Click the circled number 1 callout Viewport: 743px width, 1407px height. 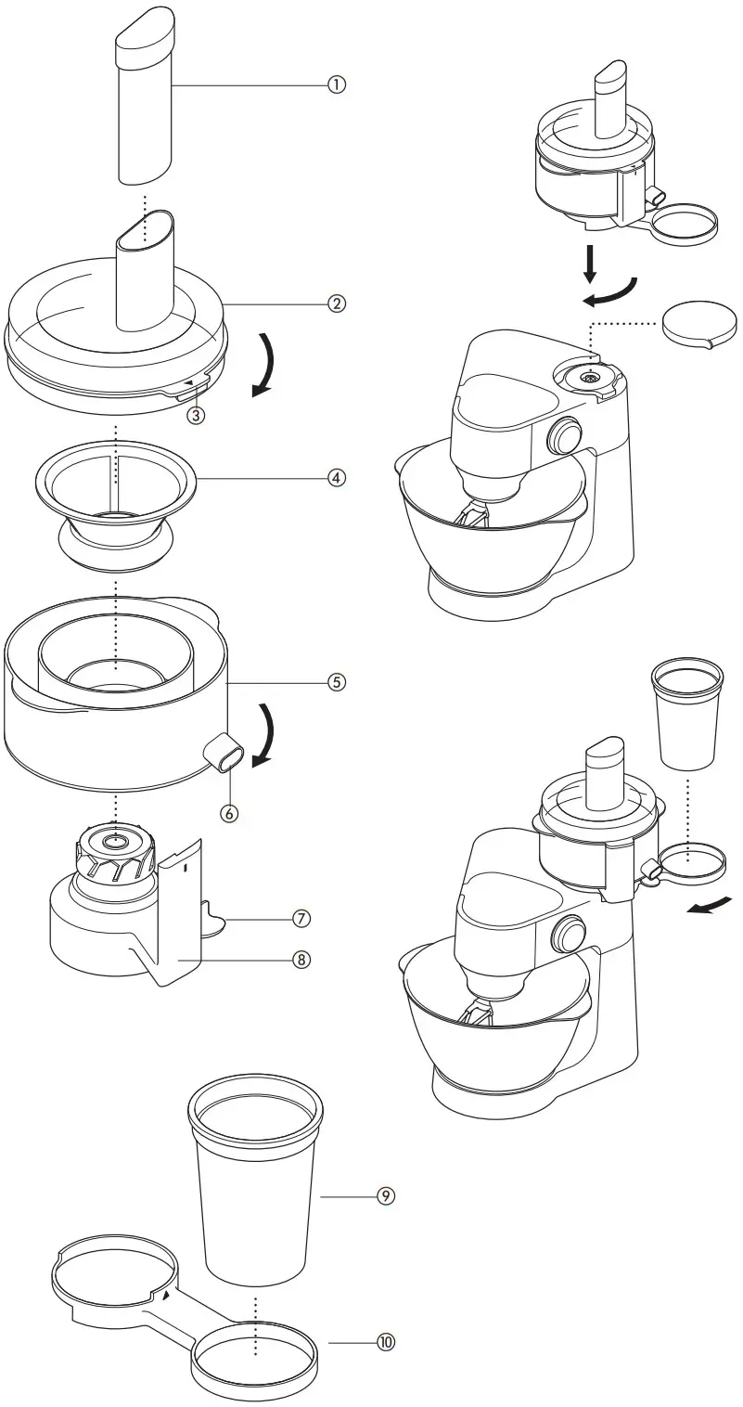coord(336,84)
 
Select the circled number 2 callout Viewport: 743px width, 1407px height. coord(336,303)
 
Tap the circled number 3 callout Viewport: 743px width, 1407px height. coord(195,416)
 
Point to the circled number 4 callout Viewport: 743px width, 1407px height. coord(336,477)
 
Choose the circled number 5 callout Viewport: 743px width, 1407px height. coord(336,682)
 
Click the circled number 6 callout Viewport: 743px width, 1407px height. coord(229,813)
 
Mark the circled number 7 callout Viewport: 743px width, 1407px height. coord(301,918)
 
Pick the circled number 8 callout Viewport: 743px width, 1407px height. coord(301,960)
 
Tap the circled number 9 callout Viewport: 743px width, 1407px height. coord(385,1196)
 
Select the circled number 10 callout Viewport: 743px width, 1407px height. coord(385,1342)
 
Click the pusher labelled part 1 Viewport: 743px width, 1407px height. coord(145,102)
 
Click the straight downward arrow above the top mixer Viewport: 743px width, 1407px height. coord(589,265)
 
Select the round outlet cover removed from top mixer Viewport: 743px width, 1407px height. coord(699,324)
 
